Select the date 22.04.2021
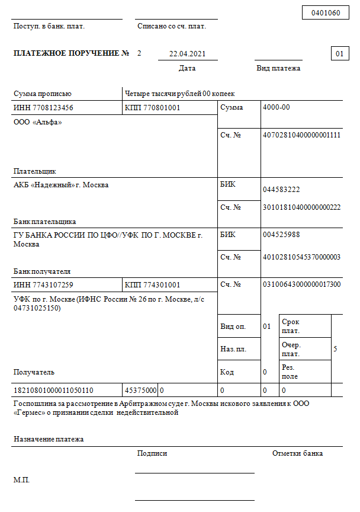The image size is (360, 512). point(187,54)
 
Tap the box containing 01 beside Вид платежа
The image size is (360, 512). point(339,54)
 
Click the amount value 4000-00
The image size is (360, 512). point(277,108)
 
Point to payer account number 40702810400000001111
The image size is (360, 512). point(301,135)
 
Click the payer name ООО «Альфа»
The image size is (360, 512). point(37,122)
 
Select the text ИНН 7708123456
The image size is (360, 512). point(43,108)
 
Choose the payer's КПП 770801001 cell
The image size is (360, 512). point(153,108)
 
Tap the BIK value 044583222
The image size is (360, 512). point(281,190)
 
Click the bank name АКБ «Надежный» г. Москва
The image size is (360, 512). point(61,185)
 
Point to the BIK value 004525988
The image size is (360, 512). point(281,235)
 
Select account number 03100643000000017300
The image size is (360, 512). point(301,284)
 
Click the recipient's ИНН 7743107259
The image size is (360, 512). point(43,285)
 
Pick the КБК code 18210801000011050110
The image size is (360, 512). point(53,391)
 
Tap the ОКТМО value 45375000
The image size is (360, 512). point(140,391)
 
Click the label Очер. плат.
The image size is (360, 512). point(291,349)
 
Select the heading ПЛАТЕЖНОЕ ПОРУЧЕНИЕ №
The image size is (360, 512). point(71,54)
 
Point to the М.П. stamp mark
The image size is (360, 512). point(21,479)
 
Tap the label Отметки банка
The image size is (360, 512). point(297,453)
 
